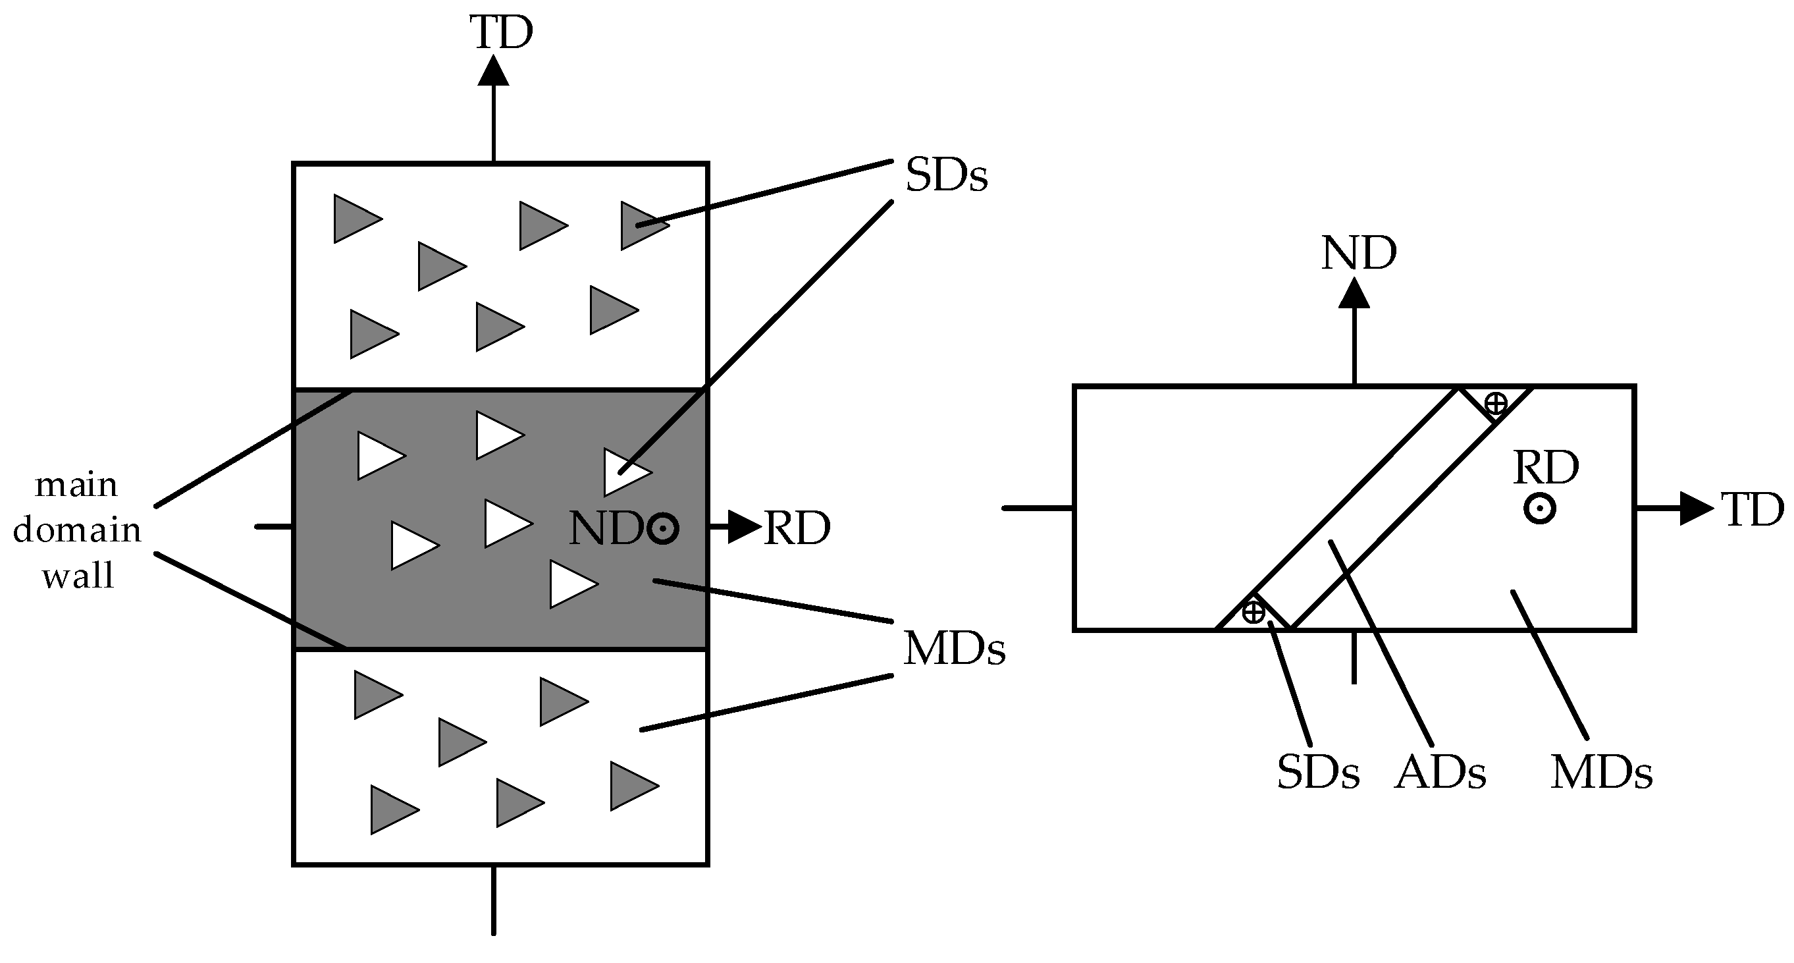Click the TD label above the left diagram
(501, 33)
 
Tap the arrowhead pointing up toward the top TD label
(493, 70)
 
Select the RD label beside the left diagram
(797, 528)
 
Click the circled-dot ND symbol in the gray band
(662, 528)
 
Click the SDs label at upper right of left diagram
(946, 176)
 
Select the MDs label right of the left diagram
(953, 649)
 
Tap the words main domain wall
(77, 530)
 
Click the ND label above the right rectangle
(1358, 254)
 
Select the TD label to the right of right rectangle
(1751, 509)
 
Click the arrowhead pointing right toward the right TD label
(1695, 509)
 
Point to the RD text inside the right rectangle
(1546, 468)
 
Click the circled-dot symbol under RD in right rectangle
(1540, 509)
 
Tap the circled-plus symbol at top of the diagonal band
(1496, 402)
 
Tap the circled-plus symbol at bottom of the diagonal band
(1253, 612)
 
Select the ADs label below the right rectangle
(1440, 773)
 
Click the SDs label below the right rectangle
(1317, 773)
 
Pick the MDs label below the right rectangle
(1601, 773)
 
